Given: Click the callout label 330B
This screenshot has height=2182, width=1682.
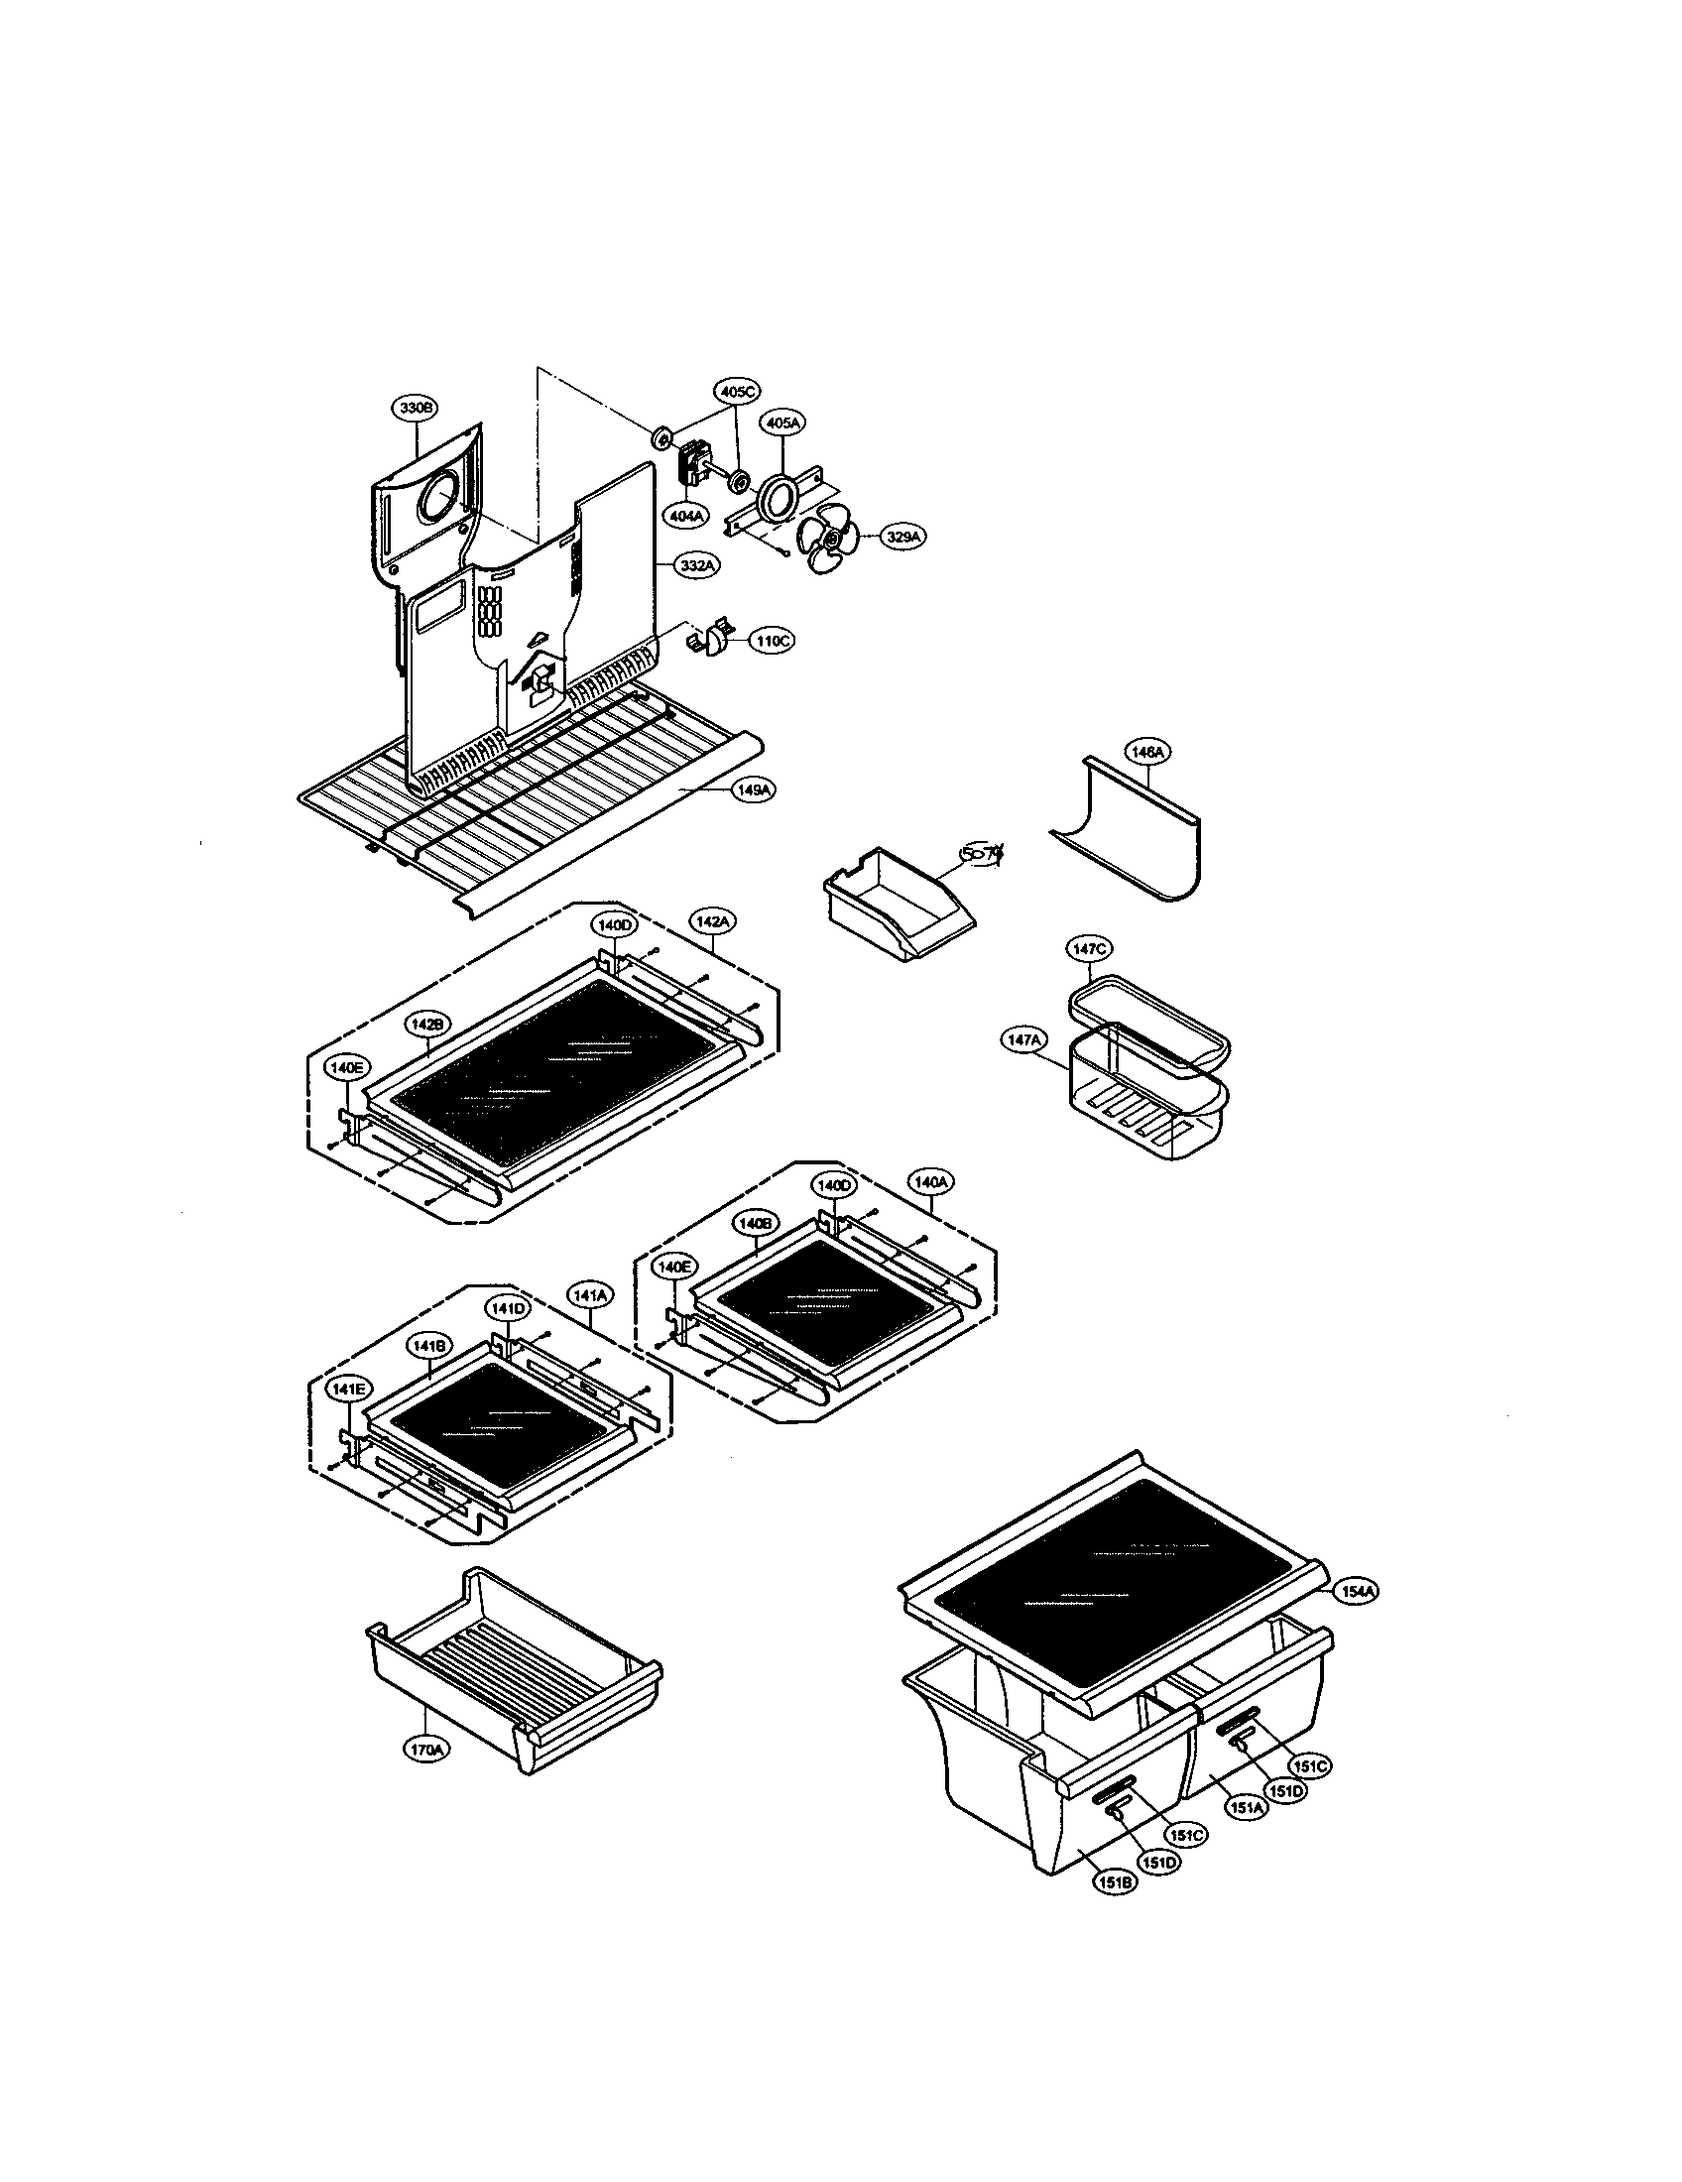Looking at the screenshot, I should point(415,408).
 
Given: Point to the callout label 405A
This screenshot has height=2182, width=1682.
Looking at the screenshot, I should point(782,423).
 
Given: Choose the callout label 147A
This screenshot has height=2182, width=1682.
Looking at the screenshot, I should point(1024,1040).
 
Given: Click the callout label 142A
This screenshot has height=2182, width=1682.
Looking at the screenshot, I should point(712,920).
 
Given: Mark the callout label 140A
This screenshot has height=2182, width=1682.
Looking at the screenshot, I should point(929,1182).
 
